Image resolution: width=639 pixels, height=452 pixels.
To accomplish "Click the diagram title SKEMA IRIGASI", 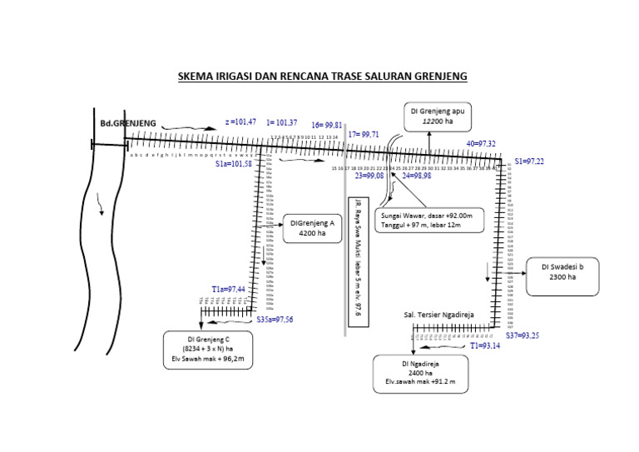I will point(322,77).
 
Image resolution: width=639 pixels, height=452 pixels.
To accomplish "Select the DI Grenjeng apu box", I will point(437,116).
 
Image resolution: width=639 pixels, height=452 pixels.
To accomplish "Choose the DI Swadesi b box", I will point(562,276).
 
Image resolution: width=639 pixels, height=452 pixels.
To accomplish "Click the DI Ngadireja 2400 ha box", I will point(420,374).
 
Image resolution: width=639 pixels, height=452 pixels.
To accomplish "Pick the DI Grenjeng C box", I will point(208,350).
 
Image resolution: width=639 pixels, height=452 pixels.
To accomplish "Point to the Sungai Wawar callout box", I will point(428,220).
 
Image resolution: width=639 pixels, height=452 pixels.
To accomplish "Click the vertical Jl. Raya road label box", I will point(358,261).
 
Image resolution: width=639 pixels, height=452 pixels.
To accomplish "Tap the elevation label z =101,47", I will point(240,122).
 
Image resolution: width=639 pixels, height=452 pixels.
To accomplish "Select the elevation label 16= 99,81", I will point(327,125).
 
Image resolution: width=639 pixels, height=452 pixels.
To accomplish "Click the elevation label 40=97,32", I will point(480,144).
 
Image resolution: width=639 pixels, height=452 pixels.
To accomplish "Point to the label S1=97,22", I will point(529,161).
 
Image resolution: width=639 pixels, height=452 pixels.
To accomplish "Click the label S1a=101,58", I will point(233,164).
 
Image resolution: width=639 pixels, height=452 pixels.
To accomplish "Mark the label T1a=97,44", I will point(228,289).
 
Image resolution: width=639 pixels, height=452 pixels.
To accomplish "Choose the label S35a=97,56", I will point(275,319).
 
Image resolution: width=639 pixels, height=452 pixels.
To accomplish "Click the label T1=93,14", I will point(485,345).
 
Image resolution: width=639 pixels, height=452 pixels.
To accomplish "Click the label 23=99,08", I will point(369,176).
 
